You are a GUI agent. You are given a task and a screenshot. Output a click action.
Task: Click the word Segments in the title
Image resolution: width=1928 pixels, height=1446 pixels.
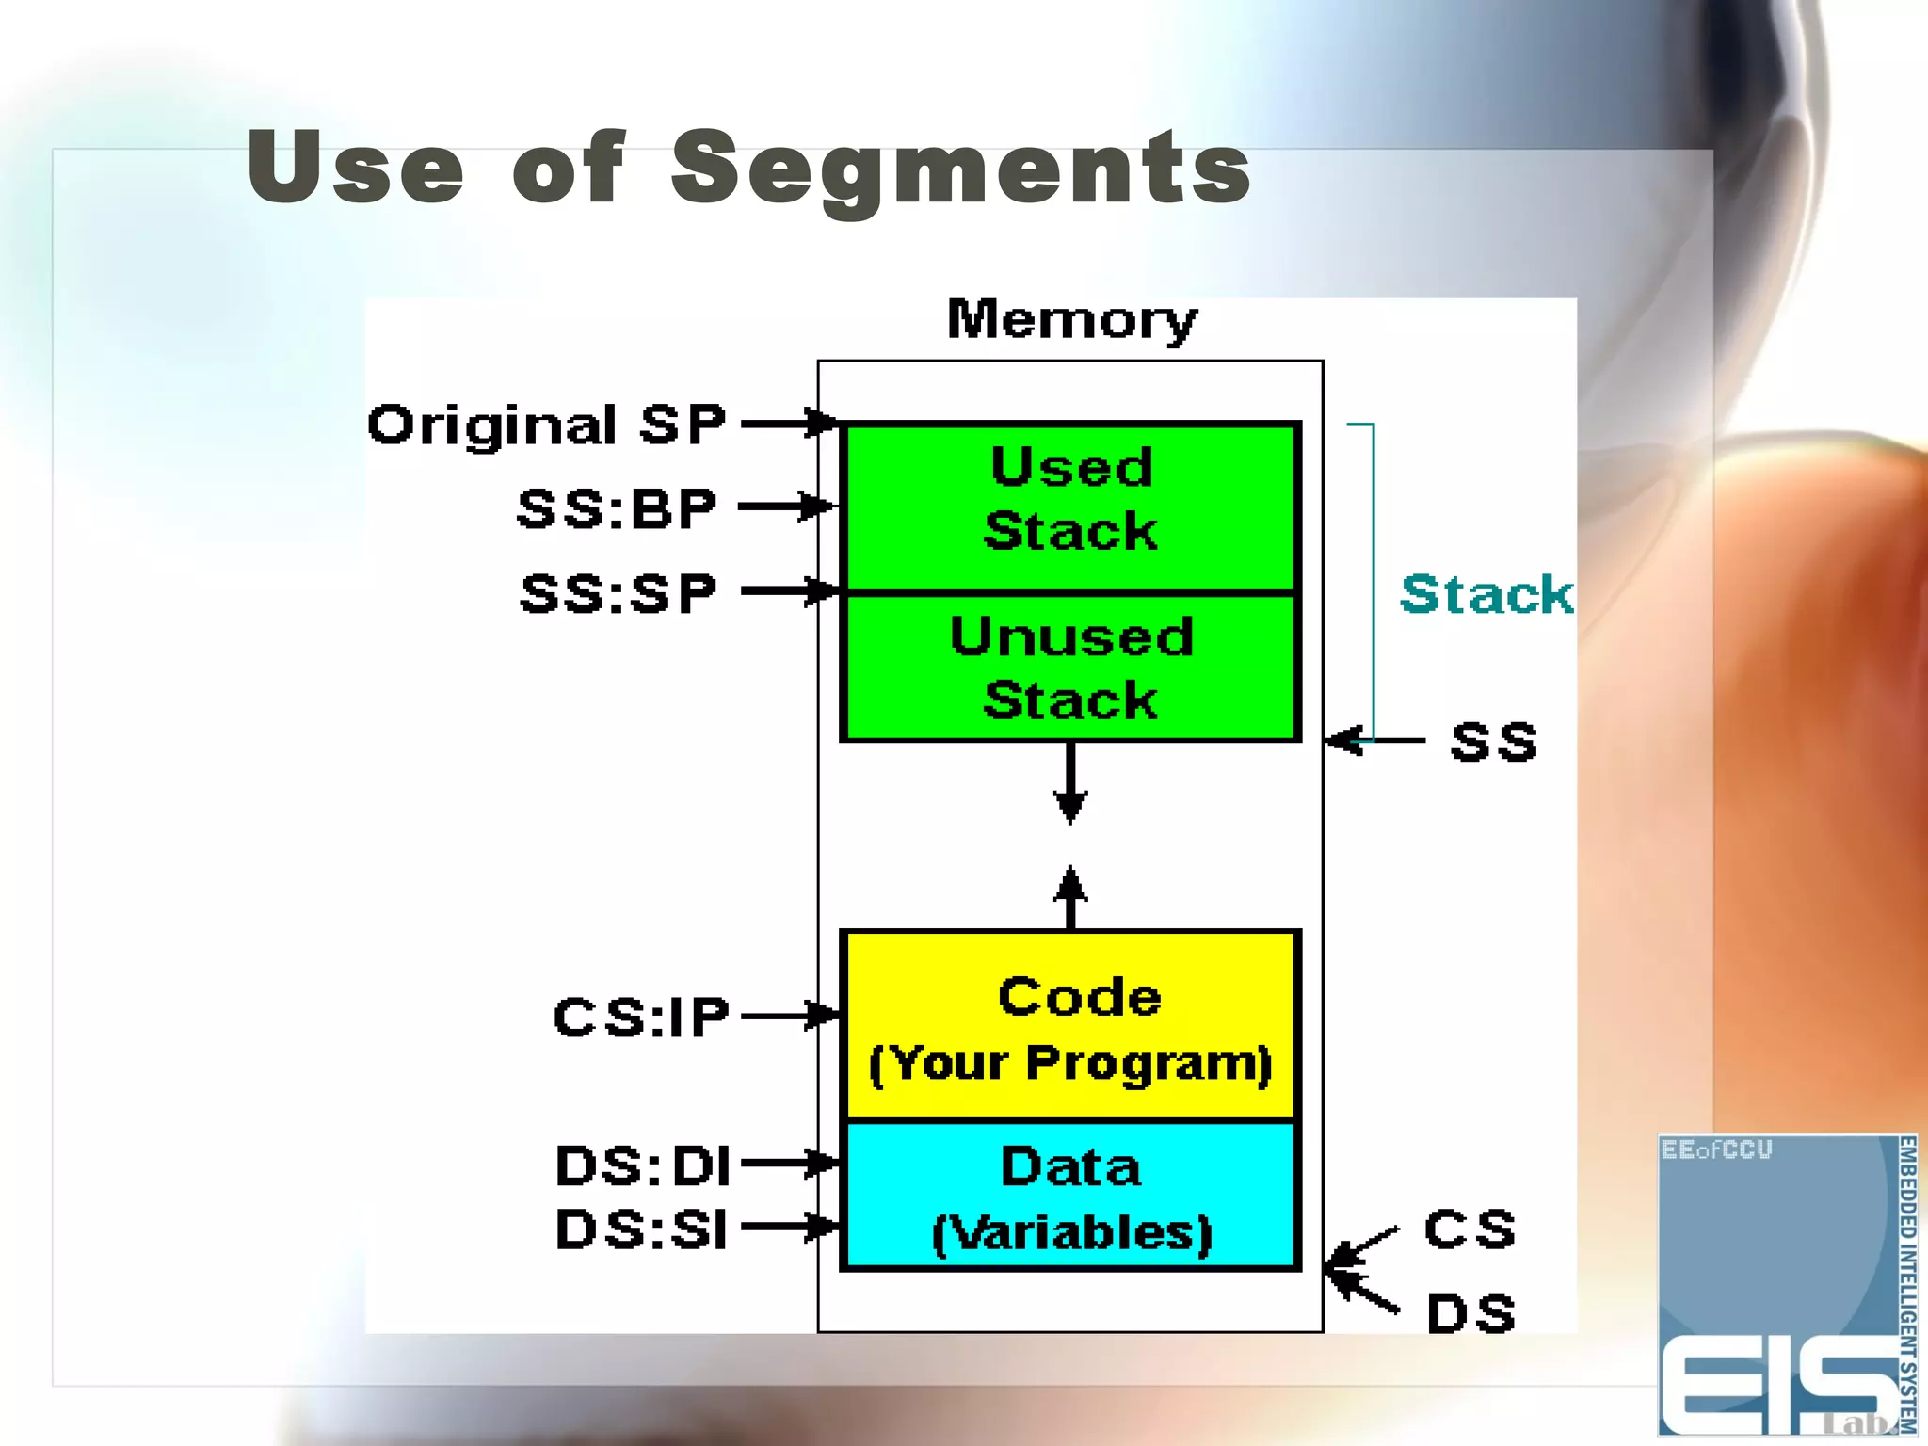[960, 169]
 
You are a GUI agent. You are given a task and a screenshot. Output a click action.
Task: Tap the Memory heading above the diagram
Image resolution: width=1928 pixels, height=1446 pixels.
[1071, 320]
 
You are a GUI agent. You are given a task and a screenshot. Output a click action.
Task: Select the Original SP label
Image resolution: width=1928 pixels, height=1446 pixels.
[546, 425]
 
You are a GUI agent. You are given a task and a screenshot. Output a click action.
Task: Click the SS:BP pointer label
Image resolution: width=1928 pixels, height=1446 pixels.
[618, 508]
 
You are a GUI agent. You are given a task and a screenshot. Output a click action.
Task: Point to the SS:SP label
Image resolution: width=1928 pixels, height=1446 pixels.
[619, 593]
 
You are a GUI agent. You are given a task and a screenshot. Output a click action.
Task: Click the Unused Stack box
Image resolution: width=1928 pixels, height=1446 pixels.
[1070, 667]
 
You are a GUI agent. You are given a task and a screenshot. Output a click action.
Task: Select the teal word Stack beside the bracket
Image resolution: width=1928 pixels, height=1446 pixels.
[1486, 595]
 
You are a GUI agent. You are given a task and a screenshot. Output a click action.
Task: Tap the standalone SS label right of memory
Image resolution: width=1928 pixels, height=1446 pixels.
[1493, 742]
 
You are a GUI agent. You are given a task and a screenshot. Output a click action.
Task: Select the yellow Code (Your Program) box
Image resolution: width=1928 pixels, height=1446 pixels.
[1070, 1026]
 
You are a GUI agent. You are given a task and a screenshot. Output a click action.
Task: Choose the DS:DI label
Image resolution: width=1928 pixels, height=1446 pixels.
[643, 1166]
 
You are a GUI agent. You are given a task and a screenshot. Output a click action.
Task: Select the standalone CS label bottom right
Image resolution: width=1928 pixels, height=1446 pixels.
[1470, 1229]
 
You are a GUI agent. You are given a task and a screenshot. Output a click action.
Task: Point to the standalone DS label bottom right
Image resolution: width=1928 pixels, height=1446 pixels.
[1470, 1313]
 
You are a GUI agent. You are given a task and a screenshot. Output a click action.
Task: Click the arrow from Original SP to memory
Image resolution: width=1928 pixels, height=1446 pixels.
[787, 424]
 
